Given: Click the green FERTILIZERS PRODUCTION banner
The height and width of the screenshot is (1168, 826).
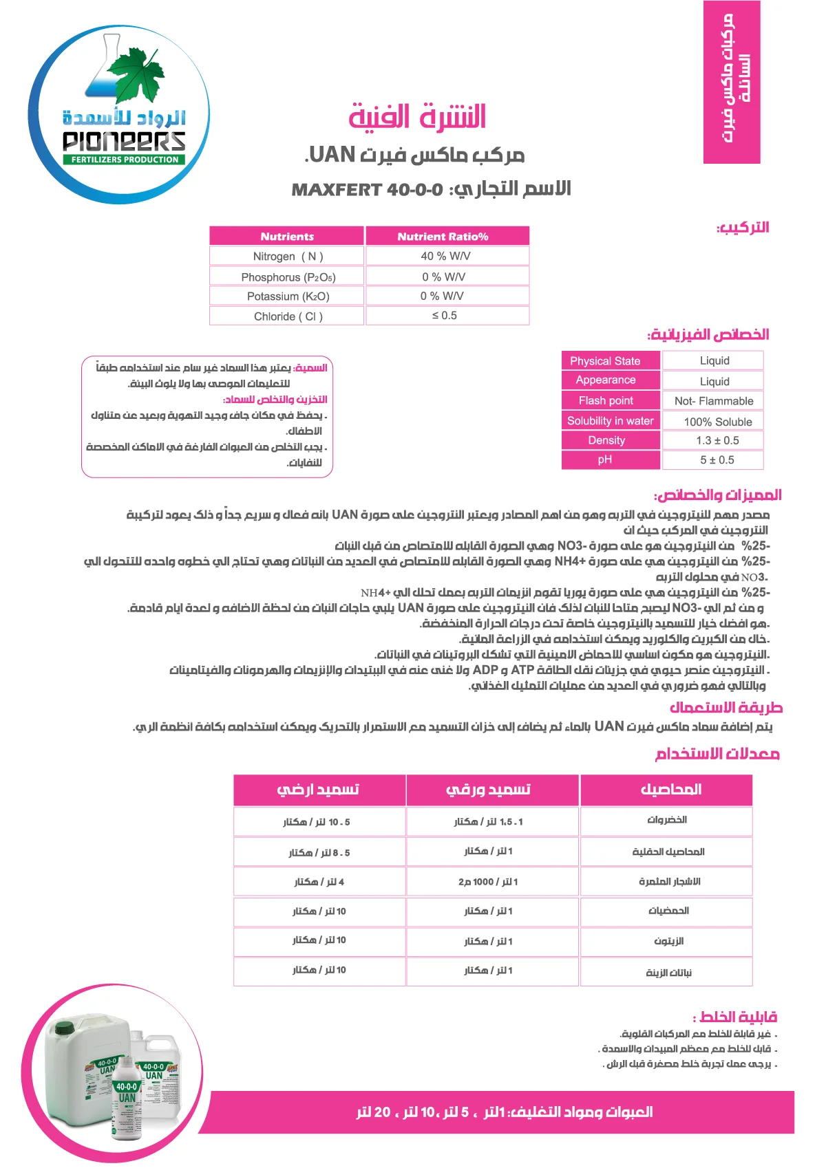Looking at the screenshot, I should [125, 160].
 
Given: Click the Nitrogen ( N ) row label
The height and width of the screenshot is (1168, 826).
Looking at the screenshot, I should [287, 257].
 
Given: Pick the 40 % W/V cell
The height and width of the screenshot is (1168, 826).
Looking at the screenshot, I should [447, 256].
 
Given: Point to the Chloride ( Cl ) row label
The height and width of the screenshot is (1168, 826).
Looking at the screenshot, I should [287, 316].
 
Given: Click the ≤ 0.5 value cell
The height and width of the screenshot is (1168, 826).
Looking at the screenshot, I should [447, 316].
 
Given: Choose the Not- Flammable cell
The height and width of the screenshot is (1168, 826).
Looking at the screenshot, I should [713, 401].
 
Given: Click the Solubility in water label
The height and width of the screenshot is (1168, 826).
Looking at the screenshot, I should [610, 421].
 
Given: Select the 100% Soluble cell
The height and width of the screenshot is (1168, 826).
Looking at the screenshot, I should [717, 422].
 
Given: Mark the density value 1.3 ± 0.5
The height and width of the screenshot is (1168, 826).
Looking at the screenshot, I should [717, 441].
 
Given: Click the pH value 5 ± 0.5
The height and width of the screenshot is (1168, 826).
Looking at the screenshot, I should [717, 460].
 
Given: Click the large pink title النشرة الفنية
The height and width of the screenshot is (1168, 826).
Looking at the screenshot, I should [417, 116].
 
